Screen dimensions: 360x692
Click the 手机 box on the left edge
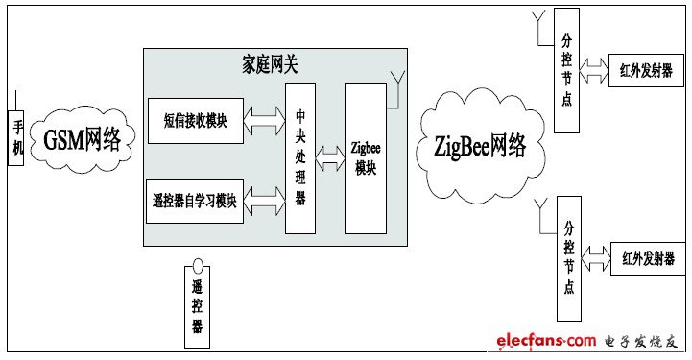click(x=14, y=137)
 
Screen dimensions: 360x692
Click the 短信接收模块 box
click(x=196, y=121)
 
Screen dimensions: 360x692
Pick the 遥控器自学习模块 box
click(x=195, y=200)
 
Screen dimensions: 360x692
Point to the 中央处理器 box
click(x=299, y=157)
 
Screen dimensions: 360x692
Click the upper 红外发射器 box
click(x=646, y=69)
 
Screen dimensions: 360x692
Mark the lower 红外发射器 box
click(x=647, y=257)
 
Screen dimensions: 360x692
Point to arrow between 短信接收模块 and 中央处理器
click(x=264, y=121)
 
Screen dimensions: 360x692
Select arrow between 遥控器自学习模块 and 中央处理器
click(x=264, y=200)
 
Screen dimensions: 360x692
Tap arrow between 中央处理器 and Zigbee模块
click(x=330, y=153)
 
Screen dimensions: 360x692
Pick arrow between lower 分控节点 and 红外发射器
click(x=595, y=256)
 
